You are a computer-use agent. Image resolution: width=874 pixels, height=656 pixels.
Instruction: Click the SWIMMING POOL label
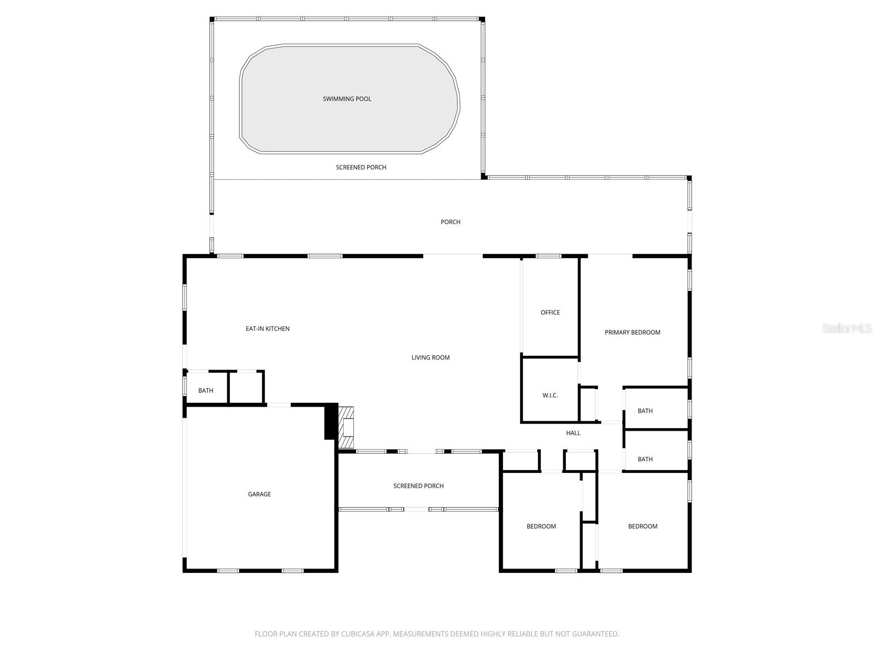(x=347, y=99)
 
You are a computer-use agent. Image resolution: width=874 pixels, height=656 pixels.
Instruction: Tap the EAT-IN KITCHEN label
(x=268, y=329)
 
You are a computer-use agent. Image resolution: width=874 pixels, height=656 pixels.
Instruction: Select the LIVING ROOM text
(x=430, y=358)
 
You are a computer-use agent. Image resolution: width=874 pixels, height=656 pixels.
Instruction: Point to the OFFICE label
(x=550, y=313)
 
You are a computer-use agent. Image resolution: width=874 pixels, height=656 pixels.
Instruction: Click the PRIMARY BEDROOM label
(x=632, y=332)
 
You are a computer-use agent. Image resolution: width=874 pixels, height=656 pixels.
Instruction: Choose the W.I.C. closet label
(x=550, y=395)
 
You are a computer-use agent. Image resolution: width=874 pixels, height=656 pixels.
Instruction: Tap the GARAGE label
(x=259, y=494)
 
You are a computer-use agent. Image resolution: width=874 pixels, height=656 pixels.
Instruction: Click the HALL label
(x=573, y=433)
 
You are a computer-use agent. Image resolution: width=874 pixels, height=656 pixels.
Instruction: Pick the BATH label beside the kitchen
(x=206, y=390)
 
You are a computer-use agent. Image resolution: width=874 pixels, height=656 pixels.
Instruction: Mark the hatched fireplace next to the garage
(x=346, y=427)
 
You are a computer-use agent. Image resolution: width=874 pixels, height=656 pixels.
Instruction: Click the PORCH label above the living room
(x=451, y=222)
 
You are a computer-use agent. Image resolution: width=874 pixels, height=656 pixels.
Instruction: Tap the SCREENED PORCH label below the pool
(x=361, y=167)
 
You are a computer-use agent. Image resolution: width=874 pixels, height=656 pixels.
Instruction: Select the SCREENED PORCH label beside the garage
(x=418, y=486)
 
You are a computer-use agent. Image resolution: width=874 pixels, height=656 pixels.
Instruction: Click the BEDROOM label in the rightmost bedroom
(x=642, y=526)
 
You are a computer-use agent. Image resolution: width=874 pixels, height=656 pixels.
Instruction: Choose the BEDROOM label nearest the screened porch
(x=541, y=526)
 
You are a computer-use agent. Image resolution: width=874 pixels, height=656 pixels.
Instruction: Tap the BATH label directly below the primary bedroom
(x=645, y=411)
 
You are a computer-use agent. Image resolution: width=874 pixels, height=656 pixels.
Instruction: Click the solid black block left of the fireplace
(x=330, y=421)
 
